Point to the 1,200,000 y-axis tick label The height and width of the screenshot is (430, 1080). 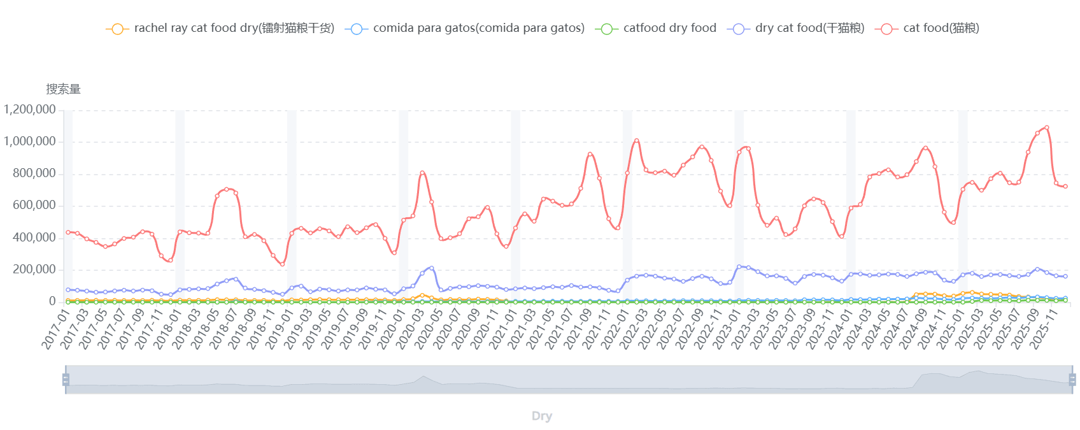30,110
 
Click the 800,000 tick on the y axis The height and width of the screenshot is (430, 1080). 34,173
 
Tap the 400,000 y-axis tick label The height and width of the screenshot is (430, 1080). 34,238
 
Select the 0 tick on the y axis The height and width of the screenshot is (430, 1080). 52,301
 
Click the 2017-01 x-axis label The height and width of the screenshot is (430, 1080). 56,328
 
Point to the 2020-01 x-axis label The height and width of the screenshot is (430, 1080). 392,328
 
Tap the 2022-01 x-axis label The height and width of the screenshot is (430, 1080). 615,328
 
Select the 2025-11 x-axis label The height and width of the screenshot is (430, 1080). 1044,328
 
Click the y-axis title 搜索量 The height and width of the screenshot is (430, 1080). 63,89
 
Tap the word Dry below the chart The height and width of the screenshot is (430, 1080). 541,416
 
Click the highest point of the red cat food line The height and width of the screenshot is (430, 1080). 1046,127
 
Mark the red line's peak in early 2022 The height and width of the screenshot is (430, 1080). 636,141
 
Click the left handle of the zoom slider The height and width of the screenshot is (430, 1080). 66,380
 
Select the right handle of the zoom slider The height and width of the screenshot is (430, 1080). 1072,380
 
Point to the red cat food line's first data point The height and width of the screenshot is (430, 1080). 68,232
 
